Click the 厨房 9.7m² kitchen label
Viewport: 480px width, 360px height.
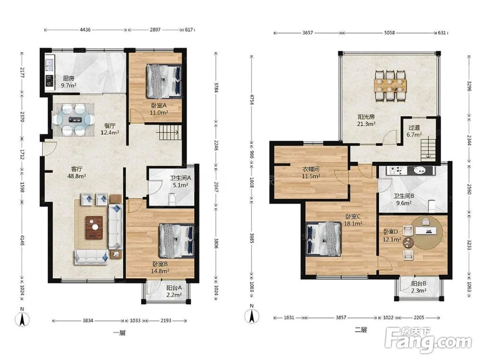[x=69, y=82]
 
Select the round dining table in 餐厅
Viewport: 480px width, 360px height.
[x=72, y=120]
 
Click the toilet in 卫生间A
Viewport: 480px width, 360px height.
[x=172, y=199]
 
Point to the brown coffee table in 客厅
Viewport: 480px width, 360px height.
[x=94, y=227]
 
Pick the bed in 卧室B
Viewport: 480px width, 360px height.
[x=176, y=240]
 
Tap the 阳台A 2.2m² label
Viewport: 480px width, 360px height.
[x=174, y=291]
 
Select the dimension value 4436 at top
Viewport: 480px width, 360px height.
[x=85, y=30]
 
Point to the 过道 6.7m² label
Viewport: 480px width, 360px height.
[x=414, y=131]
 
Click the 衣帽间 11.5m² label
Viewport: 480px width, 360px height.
[x=311, y=172]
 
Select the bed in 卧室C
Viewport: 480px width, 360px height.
[x=324, y=239]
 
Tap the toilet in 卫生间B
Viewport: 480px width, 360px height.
[x=432, y=206]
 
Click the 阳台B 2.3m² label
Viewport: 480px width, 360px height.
[x=419, y=287]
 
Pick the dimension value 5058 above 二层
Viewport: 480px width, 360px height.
[x=389, y=33]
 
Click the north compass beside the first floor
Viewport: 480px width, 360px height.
[x=22, y=318]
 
